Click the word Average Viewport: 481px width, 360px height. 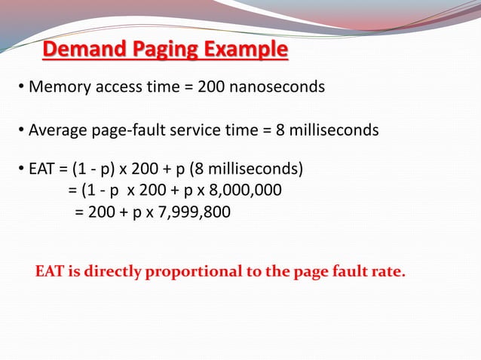click(58, 131)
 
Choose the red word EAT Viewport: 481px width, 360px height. click(50, 271)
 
